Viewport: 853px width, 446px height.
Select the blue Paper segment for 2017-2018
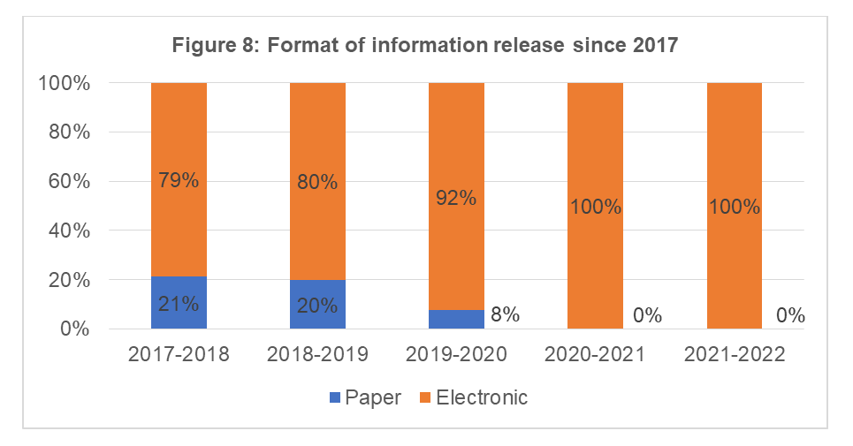pyautogui.click(x=179, y=303)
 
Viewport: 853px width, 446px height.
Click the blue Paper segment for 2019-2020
pyautogui.click(x=456, y=319)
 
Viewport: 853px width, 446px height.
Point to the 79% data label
pyautogui.click(x=179, y=181)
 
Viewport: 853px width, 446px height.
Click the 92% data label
pyautogui.click(x=456, y=198)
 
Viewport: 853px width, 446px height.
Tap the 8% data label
pyautogui.click(x=505, y=314)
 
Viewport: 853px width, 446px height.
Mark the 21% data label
pyautogui.click(x=179, y=305)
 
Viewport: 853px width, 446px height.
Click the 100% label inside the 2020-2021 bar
pyautogui.click(x=595, y=208)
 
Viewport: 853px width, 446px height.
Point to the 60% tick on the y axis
pyautogui.click(x=64, y=182)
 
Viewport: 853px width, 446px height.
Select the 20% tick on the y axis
pyautogui.click(x=64, y=280)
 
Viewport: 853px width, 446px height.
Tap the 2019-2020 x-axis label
pyautogui.click(x=456, y=355)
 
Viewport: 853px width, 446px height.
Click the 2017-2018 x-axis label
pyautogui.click(x=179, y=355)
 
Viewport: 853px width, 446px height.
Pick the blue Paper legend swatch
pyautogui.click(x=335, y=398)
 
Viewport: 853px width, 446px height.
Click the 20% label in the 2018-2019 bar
pyautogui.click(x=317, y=306)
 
